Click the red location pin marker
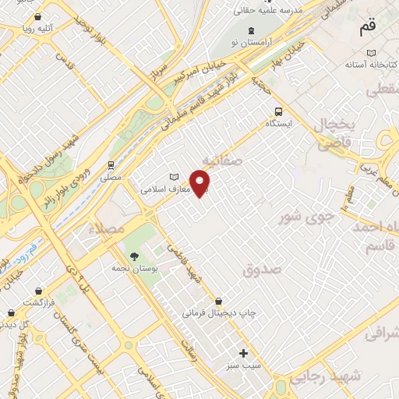(201, 184)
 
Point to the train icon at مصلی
(111, 165)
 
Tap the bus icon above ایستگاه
(279, 111)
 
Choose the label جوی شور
(317, 211)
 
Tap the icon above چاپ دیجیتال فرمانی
(218, 301)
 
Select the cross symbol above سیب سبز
(244, 353)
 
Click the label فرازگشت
(36, 302)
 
